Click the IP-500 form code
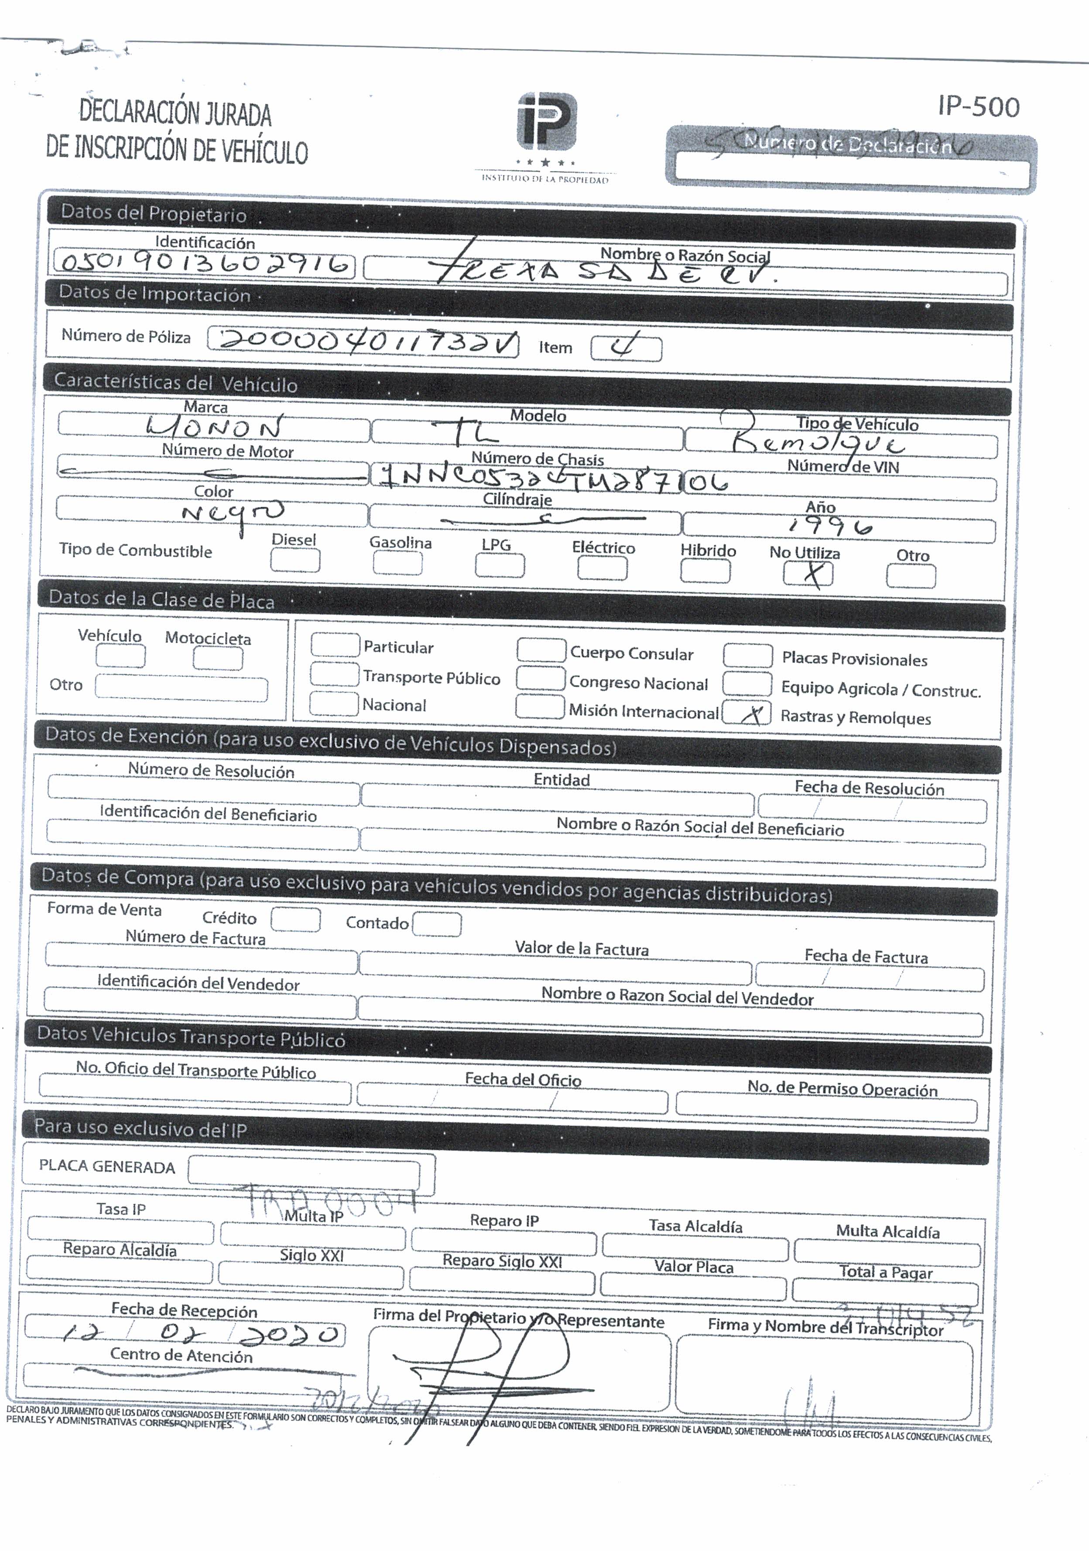[x=978, y=107]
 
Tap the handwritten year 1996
[x=829, y=525]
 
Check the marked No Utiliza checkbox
[x=808, y=575]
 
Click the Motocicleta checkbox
[x=218, y=658]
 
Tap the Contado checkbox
[x=436, y=924]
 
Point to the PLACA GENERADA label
[x=107, y=1167]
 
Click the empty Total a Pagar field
[x=885, y=1290]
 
